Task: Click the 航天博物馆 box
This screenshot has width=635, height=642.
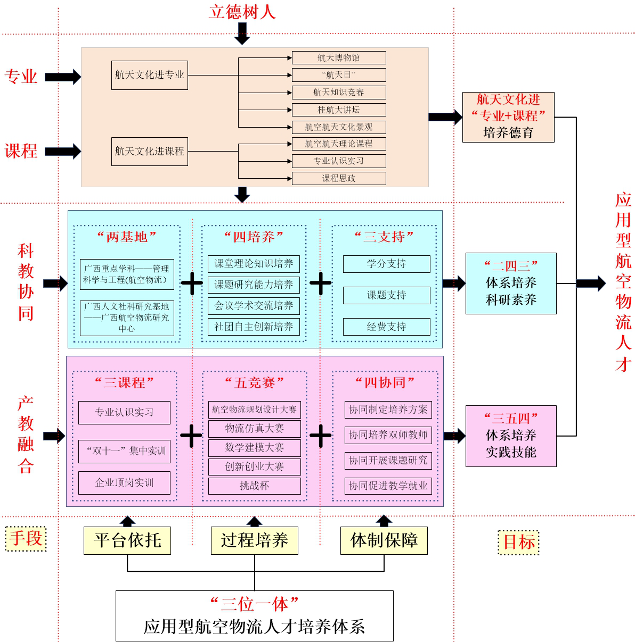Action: click(339, 57)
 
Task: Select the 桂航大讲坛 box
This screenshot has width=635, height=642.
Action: click(339, 110)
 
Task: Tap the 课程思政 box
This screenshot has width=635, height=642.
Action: click(339, 178)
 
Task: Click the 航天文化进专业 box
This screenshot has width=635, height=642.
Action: click(150, 75)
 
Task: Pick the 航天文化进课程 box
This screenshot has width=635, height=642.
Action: click(150, 151)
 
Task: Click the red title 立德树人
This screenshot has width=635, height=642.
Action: click(242, 12)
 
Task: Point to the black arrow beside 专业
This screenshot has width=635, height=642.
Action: click(62, 77)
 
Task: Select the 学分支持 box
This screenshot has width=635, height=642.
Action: click(386, 264)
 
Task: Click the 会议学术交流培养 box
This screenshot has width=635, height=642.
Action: click(254, 306)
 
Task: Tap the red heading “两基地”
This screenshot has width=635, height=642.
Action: click(127, 237)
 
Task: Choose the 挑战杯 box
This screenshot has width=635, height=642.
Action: click(254, 486)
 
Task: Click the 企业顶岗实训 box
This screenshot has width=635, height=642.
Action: click(124, 483)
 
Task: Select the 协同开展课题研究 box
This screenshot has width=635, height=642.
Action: click(388, 461)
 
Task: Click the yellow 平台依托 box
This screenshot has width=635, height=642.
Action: click(127, 540)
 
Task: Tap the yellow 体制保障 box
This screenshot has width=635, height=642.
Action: click(384, 540)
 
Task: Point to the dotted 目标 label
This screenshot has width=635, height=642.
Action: click(519, 543)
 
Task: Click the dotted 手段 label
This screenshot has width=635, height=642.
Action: click(26, 538)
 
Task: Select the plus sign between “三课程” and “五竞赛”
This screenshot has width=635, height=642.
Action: click(191, 436)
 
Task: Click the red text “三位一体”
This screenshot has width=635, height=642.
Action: click(254, 604)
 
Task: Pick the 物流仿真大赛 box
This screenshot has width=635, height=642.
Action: click(254, 429)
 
